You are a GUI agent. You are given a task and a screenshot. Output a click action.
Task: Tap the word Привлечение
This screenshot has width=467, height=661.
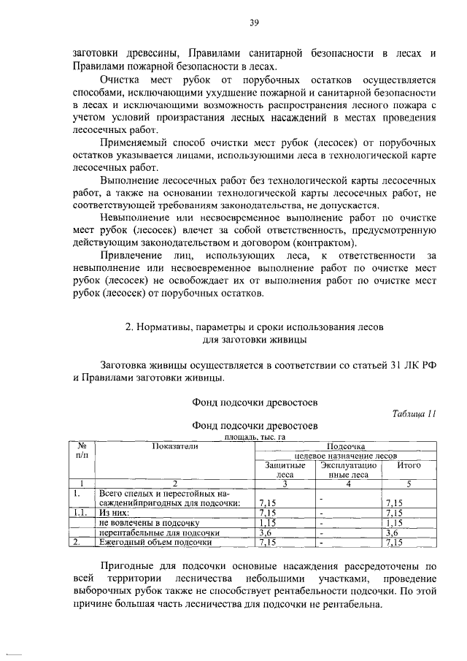pyautogui.click(x=130, y=256)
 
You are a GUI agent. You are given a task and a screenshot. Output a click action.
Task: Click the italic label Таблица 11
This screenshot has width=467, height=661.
pyautogui.click(x=414, y=413)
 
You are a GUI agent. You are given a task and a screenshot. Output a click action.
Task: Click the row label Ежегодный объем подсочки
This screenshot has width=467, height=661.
pyautogui.click(x=155, y=542)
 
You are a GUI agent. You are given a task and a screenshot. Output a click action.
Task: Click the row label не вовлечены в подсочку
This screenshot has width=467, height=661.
pyautogui.click(x=149, y=523)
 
